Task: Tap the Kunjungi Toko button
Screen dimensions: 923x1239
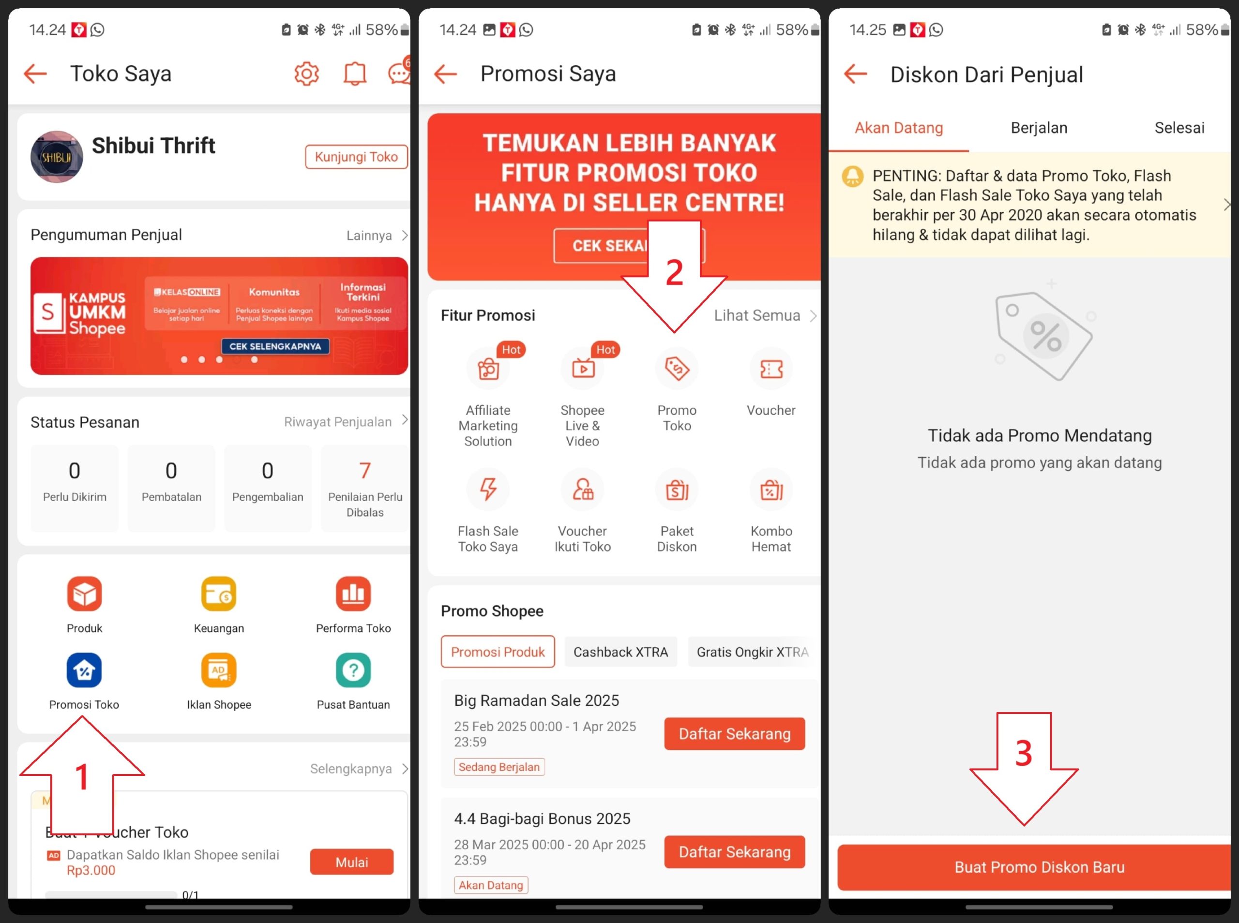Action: [356, 157]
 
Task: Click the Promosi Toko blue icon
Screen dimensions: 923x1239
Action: [84, 670]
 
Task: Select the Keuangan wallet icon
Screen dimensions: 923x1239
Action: [218, 594]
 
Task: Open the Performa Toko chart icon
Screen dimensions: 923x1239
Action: [353, 594]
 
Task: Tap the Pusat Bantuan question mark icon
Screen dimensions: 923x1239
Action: [353, 670]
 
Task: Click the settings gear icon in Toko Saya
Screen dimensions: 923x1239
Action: [306, 74]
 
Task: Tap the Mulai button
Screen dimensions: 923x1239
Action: [351, 862]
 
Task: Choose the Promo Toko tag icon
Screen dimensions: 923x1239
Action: [677, 368]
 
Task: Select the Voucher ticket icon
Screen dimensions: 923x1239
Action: [771, 368]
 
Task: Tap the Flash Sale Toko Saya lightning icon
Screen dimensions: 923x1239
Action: [488, 490]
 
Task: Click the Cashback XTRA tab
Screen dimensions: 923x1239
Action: [620, 652]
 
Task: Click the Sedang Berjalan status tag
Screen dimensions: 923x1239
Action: [499, 767]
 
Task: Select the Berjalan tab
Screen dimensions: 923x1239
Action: [1039, 128]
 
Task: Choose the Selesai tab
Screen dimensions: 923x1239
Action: [1179, 128]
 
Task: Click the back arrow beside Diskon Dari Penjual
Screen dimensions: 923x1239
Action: [855, 74]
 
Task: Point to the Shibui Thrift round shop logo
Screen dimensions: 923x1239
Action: [57, 157]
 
